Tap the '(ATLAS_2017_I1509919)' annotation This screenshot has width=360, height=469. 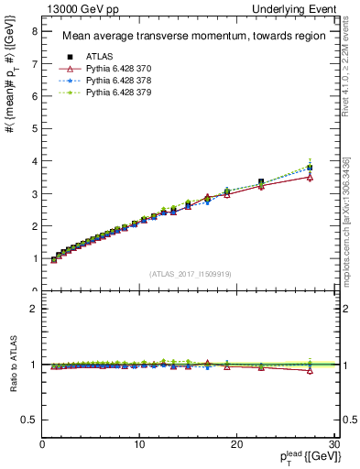click(x=190, y=272)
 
